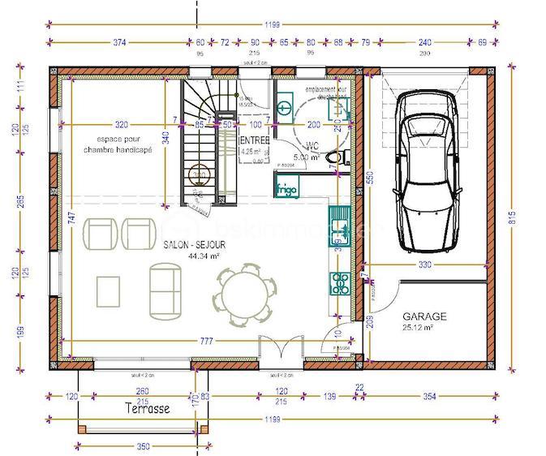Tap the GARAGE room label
click(x=425, y=316)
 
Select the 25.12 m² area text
click(x=417, y=328)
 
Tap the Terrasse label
click(x=148, y=408)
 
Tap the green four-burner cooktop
click(x=339, y=282)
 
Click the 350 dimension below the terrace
click(x=143, y=446)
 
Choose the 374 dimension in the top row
click(x=118, y=42)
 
